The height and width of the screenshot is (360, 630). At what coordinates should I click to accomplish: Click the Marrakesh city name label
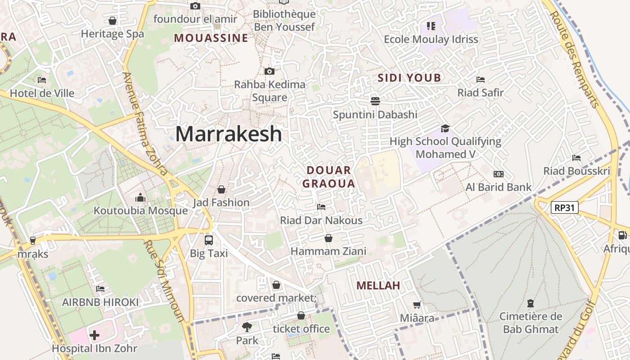[229, 134]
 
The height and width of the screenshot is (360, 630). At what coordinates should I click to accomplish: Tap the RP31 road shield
[564, 207]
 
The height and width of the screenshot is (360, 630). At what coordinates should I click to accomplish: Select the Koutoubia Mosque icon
[140, 198]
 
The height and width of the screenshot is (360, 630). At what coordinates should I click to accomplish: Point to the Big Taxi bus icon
[208, 240]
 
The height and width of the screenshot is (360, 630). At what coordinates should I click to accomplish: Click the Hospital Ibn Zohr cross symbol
[94, 335]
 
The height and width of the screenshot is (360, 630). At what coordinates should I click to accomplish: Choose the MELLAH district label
[378, 285]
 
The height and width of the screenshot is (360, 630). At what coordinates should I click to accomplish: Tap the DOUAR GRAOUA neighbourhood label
[328, 177]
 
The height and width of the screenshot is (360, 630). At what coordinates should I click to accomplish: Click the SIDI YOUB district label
[409, 78]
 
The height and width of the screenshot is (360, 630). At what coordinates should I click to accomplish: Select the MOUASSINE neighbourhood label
[211, 38]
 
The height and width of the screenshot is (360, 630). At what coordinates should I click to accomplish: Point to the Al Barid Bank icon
[498, 174]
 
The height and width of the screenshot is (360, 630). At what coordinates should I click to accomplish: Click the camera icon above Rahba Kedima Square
[269, 71]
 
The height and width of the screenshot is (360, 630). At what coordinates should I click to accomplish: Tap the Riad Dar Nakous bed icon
[321, 207]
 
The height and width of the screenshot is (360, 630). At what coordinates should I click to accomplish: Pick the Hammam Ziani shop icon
[328, 238]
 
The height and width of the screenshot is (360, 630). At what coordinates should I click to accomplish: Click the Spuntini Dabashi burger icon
[375, 101]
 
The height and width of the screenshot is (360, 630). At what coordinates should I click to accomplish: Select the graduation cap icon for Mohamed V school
[445, 128]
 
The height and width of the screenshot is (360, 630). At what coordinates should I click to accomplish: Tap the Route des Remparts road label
[575, 58]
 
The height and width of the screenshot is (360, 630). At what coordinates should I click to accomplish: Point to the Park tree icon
[247, 327]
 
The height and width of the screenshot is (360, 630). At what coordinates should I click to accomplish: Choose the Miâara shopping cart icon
[417, 305]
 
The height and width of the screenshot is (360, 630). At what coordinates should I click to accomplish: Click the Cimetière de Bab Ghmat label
[531, 323]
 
